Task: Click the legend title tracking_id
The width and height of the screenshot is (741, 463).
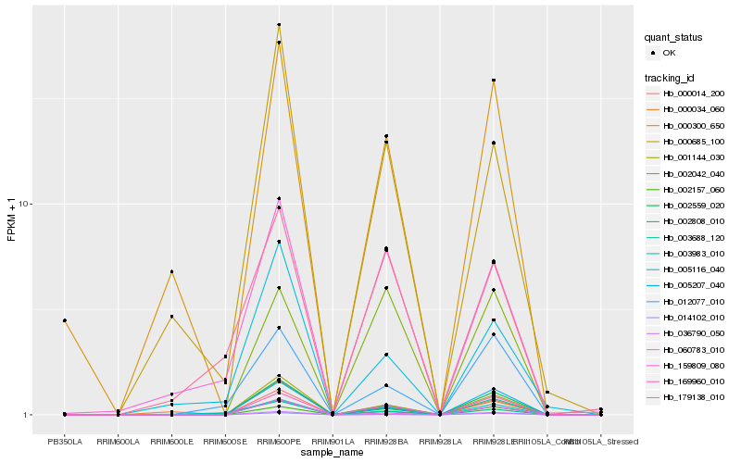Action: click(670, 78)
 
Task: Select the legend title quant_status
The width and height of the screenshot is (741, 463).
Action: click(673, 38)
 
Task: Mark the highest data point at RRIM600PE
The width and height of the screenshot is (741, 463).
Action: click(279, 25)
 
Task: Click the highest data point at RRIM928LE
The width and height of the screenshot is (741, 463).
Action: click(494, 81)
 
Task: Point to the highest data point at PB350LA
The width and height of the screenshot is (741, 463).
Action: click(65, 320)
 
